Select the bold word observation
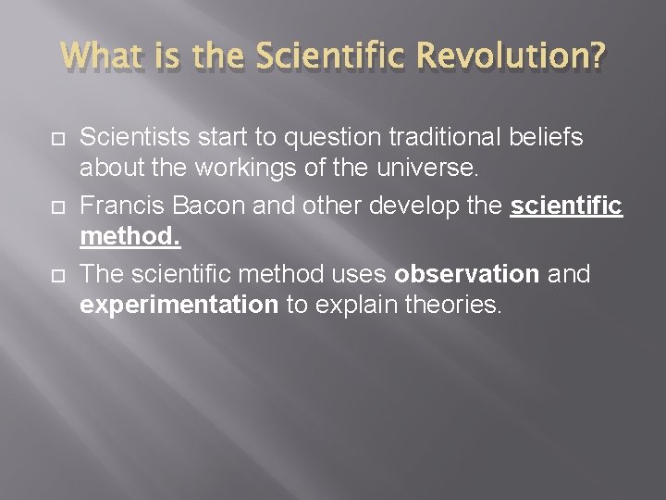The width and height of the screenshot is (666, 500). (466, 273)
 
